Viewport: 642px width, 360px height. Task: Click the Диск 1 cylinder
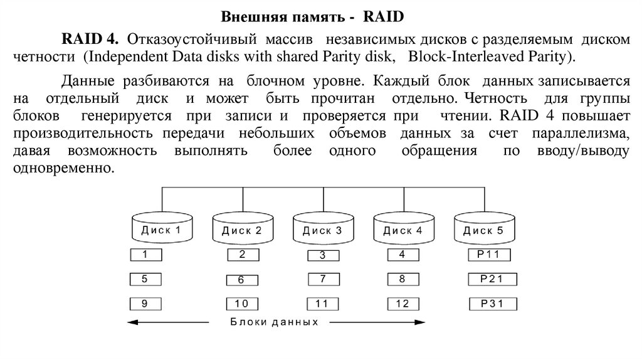(162, 229)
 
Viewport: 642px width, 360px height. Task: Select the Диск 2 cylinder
(242, 230)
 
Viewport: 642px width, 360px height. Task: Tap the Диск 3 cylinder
(322, 230)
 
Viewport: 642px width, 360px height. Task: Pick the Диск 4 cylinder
(403, 230)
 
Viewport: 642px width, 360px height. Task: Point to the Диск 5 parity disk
(483, 230)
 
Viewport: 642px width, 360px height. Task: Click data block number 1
(145, 255)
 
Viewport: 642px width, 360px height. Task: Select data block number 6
(241, 280)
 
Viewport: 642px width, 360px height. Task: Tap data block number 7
(322, 278)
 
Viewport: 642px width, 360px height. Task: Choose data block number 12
(403, 304)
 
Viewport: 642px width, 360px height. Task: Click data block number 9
(145, 304)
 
